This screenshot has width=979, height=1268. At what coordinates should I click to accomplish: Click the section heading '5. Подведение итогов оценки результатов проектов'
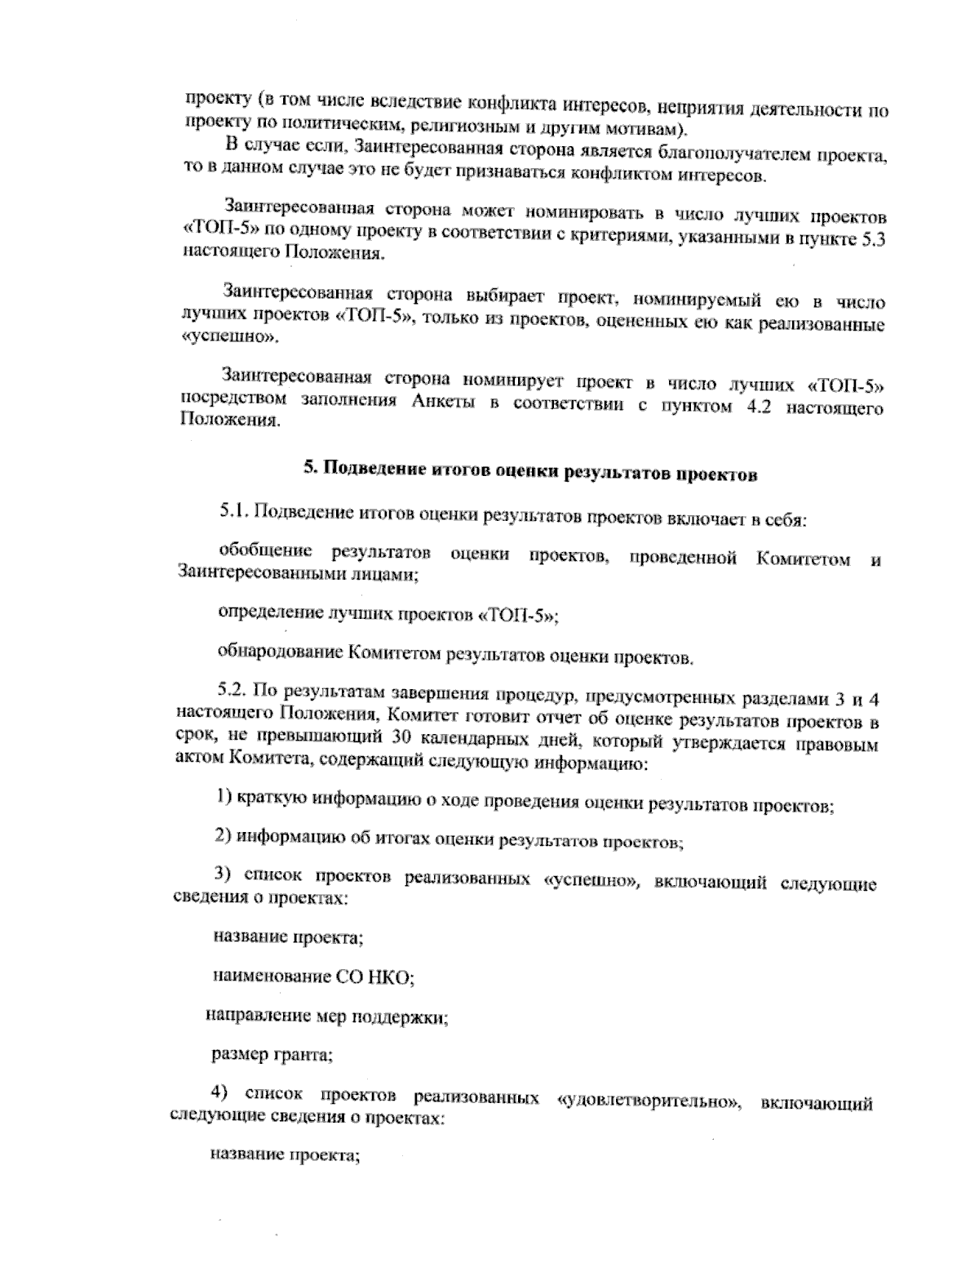530,472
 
